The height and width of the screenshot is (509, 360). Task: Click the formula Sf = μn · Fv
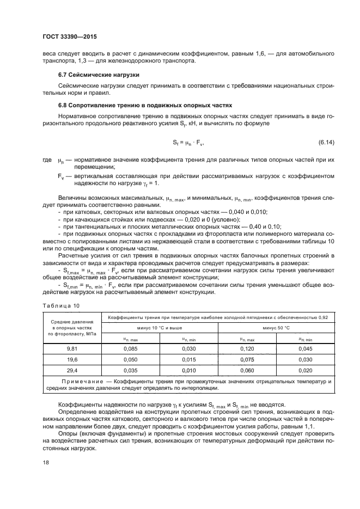pos(188,143)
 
